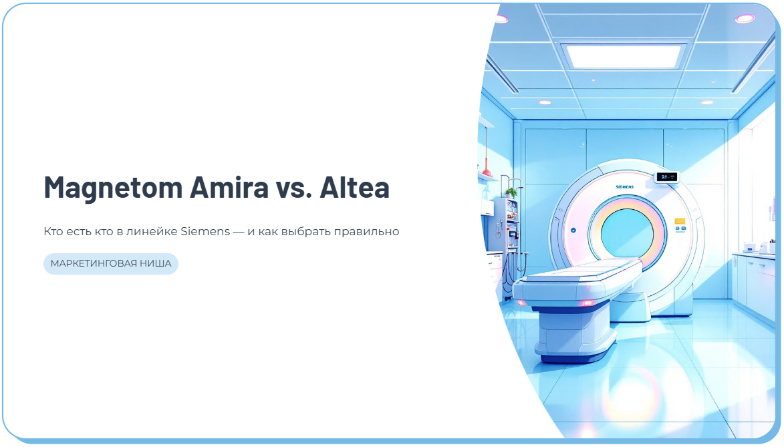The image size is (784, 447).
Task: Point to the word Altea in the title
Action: (x=354, y=188)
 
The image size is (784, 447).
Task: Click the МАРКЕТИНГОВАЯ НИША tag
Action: (x=111, y=264)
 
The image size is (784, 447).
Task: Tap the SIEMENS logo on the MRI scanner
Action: (x=626, y=187)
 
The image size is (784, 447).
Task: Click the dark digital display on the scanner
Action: (x=666, y=177)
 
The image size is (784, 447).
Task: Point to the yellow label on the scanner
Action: (x=680, y=220)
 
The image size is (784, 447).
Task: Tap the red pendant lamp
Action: (x=488, y=175)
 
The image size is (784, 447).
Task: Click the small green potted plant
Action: (x=511, y=192)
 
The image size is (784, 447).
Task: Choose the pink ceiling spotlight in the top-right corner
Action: (x=745, y=19)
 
